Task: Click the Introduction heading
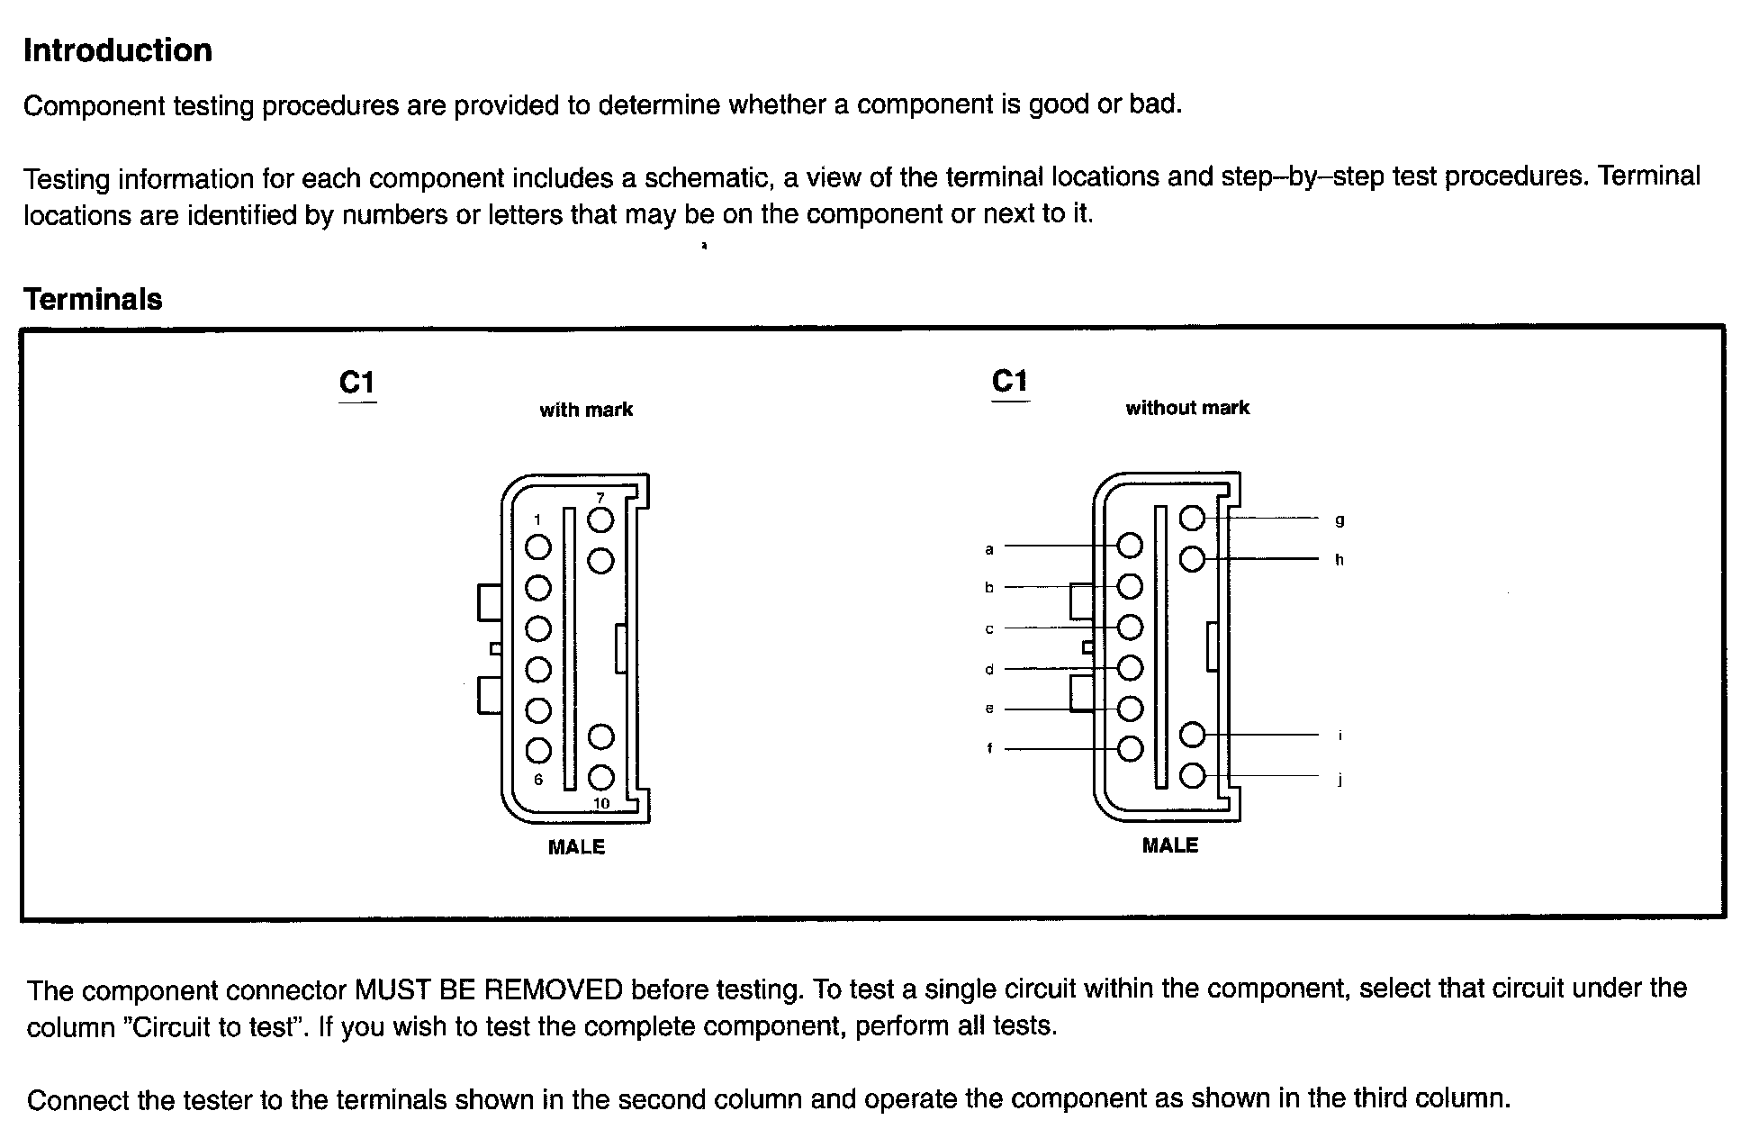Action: (x=118, y=50)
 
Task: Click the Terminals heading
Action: (x=93, y=299)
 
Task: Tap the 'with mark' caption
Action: (x=586, y=410)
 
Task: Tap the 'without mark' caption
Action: (x=1187, y=408)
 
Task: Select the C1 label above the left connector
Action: (x=356, y=384)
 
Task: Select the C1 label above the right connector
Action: (x=1009, y=382)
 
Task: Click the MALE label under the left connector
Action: (x=576, y=847)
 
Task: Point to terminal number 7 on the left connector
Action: (x=600, y=498)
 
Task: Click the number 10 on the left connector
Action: (x=601, y=803)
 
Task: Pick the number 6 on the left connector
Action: (x=538, y=780)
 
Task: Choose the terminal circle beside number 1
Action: (x=538, y=546)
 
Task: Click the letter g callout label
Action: (x=1340, y=520)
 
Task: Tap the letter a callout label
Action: (x=989, y=549)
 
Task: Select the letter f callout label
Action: (x=989, y=748)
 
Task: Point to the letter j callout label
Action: (x=1340, y=780)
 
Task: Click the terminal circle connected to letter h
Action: (x=1192, y=560)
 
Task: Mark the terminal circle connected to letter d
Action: (x=1130, y=668)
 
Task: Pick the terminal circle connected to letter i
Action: (x=1192, y=735)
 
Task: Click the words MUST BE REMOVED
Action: (x=488, y=990)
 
